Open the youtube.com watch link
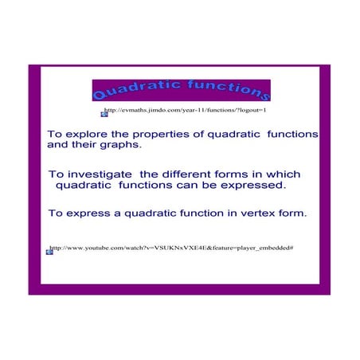tap(172, 248)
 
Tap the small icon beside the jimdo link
tap(104, 114)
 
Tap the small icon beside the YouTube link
tap(49, 252)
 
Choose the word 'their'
tap(84, 146)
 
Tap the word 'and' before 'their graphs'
tap(58, 146)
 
